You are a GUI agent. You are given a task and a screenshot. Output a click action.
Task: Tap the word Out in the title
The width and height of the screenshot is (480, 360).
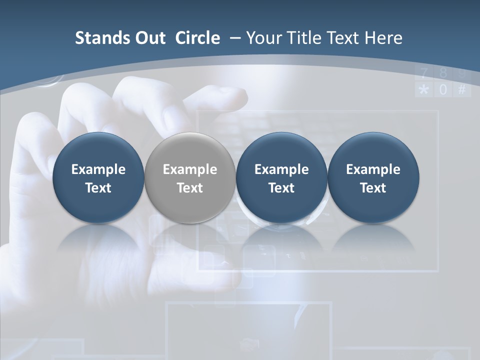(x=147, y=38)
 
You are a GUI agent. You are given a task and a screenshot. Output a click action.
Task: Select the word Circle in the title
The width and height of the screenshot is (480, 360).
(x=197, y=38)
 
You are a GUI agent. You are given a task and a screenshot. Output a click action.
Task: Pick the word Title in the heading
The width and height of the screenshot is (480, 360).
(x=303, y=38)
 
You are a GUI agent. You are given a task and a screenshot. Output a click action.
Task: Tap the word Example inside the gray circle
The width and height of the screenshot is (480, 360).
(x=189, y=169)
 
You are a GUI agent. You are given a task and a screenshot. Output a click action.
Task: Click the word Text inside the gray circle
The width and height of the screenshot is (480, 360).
(x=189, y=188)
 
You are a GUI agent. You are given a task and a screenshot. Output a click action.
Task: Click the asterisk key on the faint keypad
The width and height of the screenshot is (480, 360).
(x=424, y=90)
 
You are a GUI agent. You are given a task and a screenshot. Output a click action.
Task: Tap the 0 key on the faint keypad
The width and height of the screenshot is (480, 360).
(x=443, y=90)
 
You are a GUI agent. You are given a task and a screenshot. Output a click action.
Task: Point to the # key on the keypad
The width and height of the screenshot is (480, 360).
(x=462, y=90)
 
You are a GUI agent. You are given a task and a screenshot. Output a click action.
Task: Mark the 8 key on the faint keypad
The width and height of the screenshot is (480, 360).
(x=443, y=74)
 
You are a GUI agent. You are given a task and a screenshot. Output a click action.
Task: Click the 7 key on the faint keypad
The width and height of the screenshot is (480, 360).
(x=424, y=74)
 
